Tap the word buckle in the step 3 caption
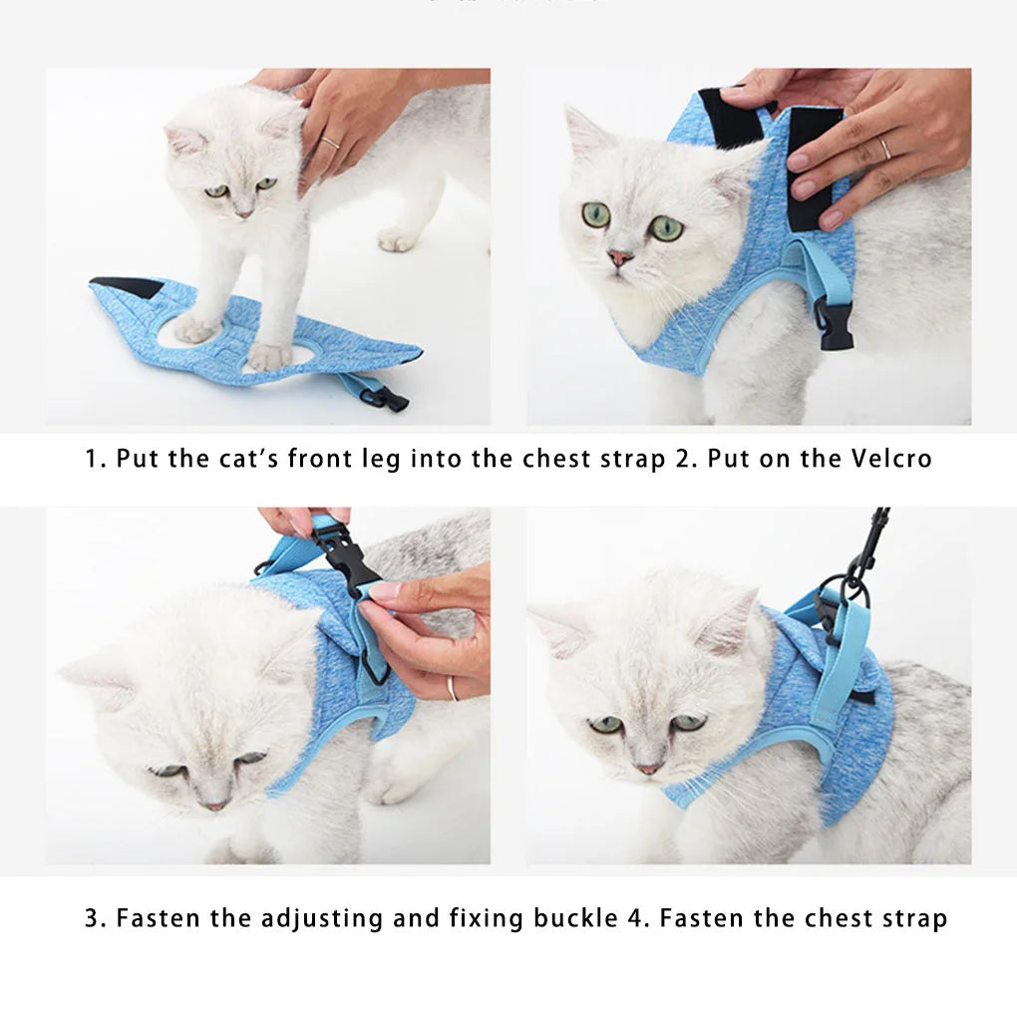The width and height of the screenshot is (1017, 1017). pos(576,918)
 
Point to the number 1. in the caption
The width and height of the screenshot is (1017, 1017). pos(95,459)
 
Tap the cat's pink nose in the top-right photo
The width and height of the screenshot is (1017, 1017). pos(620,257)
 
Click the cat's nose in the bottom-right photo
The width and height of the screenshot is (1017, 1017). pos(647,768)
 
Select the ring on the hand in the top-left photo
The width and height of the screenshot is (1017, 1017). pos(330,144)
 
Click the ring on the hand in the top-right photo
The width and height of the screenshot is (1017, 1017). pos(884,149)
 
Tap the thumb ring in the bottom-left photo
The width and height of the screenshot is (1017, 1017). pos(452,687)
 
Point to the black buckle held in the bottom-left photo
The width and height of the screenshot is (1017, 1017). pos(344,553)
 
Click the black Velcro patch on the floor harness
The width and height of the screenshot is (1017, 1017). pos(130,287)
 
